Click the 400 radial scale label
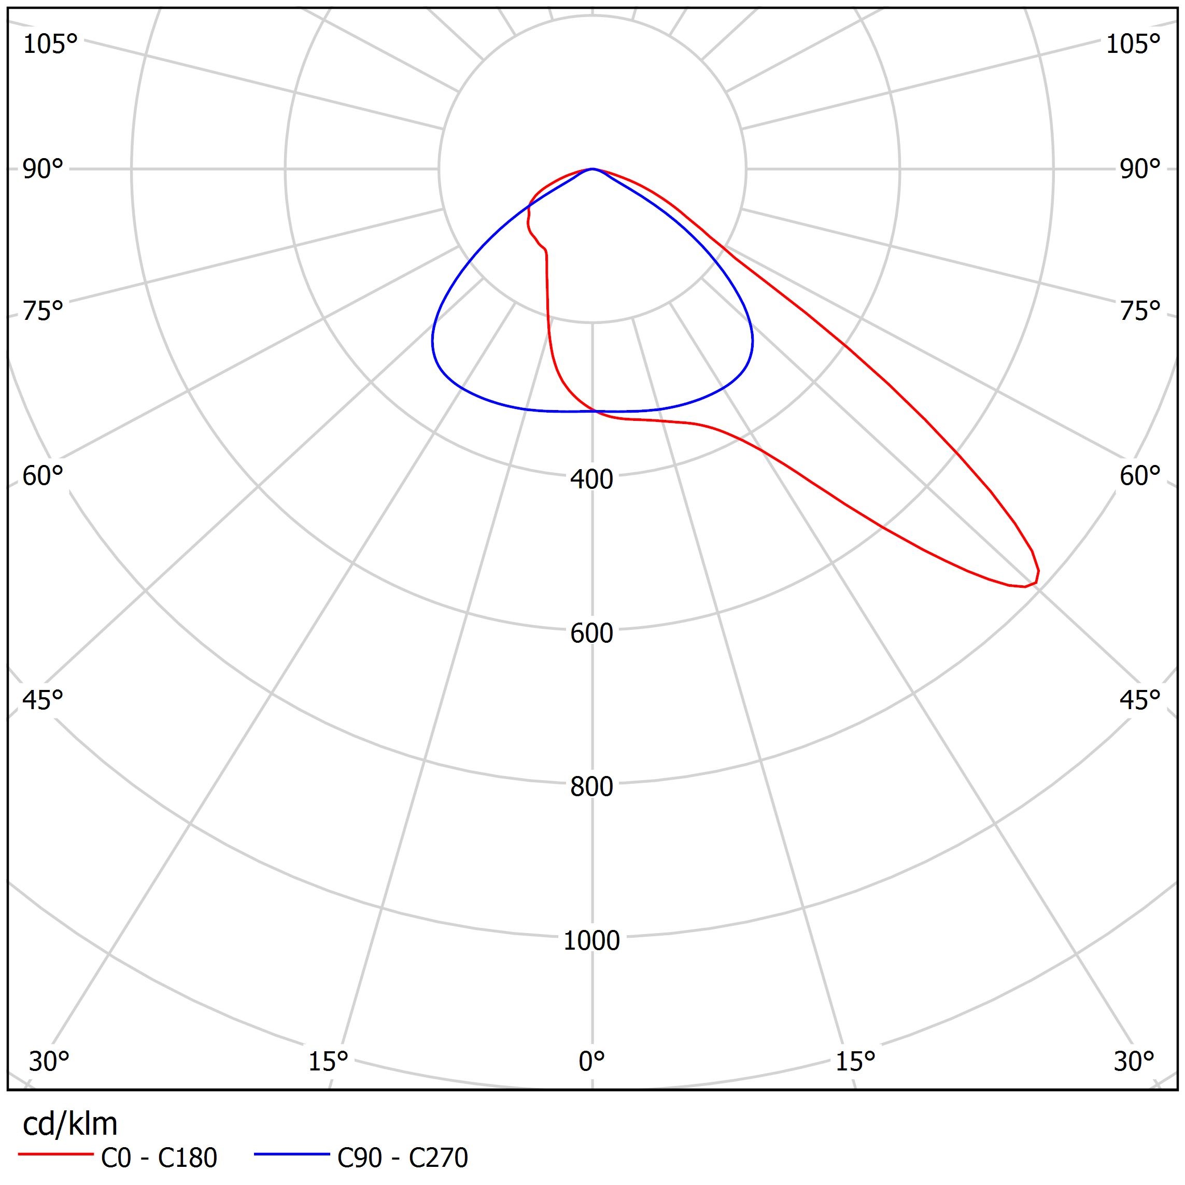pyautogui.click(x=591, y=479)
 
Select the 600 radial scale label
pyautogui.click(x=591, y=633)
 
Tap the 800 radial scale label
pyautogui.click(x=591, y=786)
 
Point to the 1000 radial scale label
pyautogui.click(x=591, y=940)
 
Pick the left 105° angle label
pyautogui.click(x=50, y=44)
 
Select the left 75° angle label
pyautogui.click(x=43, y=311)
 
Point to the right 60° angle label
pyautogui.click(x=1140, y=476)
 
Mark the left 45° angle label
pyautogui.click(x=43, y=700)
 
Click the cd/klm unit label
pyautogui.click(x=70, y=1124)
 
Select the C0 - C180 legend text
pyautogui.click(x=159, y=1158)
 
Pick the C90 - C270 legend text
pyautogui.click(x=402, y=1158)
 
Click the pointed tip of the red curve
pyautogui.click(x=1037, y=579)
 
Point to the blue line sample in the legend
pyautogui.click(x=292, y=1154)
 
